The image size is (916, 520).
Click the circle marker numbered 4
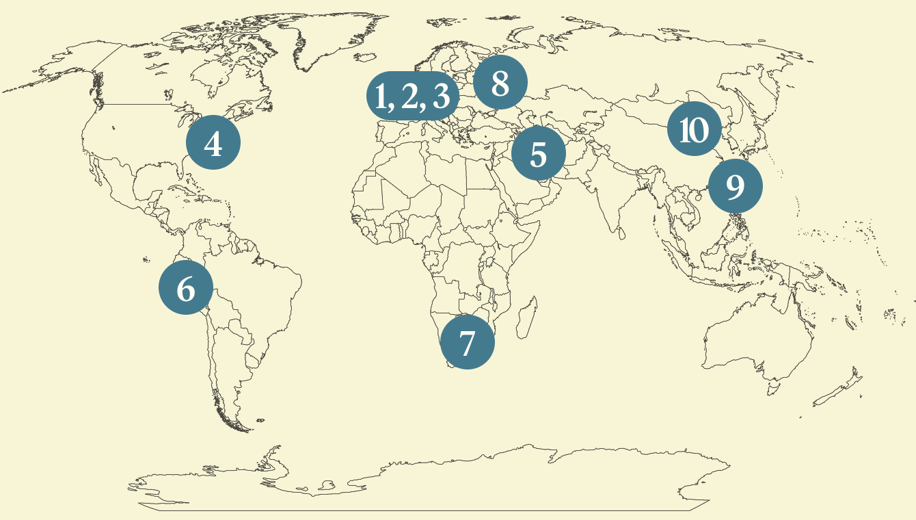point(213,144)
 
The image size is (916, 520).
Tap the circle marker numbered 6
point(186,289)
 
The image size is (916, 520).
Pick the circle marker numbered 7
point(467,342)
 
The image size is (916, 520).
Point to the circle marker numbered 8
point(500,83)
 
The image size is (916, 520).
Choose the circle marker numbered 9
point(735,186)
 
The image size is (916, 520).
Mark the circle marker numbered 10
point(694,129)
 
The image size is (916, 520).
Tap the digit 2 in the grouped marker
point(410,96)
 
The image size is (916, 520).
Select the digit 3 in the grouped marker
point(442,96)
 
